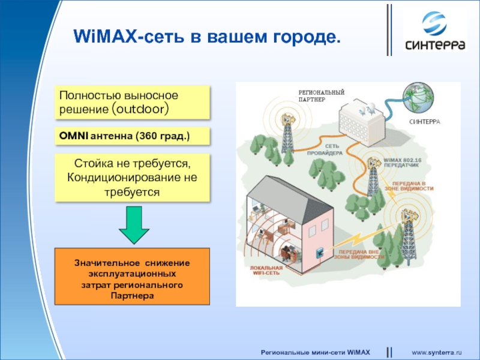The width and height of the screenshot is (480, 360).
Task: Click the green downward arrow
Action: point(134,225)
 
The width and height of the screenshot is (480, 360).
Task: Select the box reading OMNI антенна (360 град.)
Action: point(133,136)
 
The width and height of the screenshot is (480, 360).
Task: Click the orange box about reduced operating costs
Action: point(132,276)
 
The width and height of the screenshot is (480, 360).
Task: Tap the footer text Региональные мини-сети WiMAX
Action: point(315,350)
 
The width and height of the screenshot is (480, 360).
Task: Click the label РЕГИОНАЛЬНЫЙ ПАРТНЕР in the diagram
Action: point(321,96)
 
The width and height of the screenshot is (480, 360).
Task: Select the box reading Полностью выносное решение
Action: point(133,102)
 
